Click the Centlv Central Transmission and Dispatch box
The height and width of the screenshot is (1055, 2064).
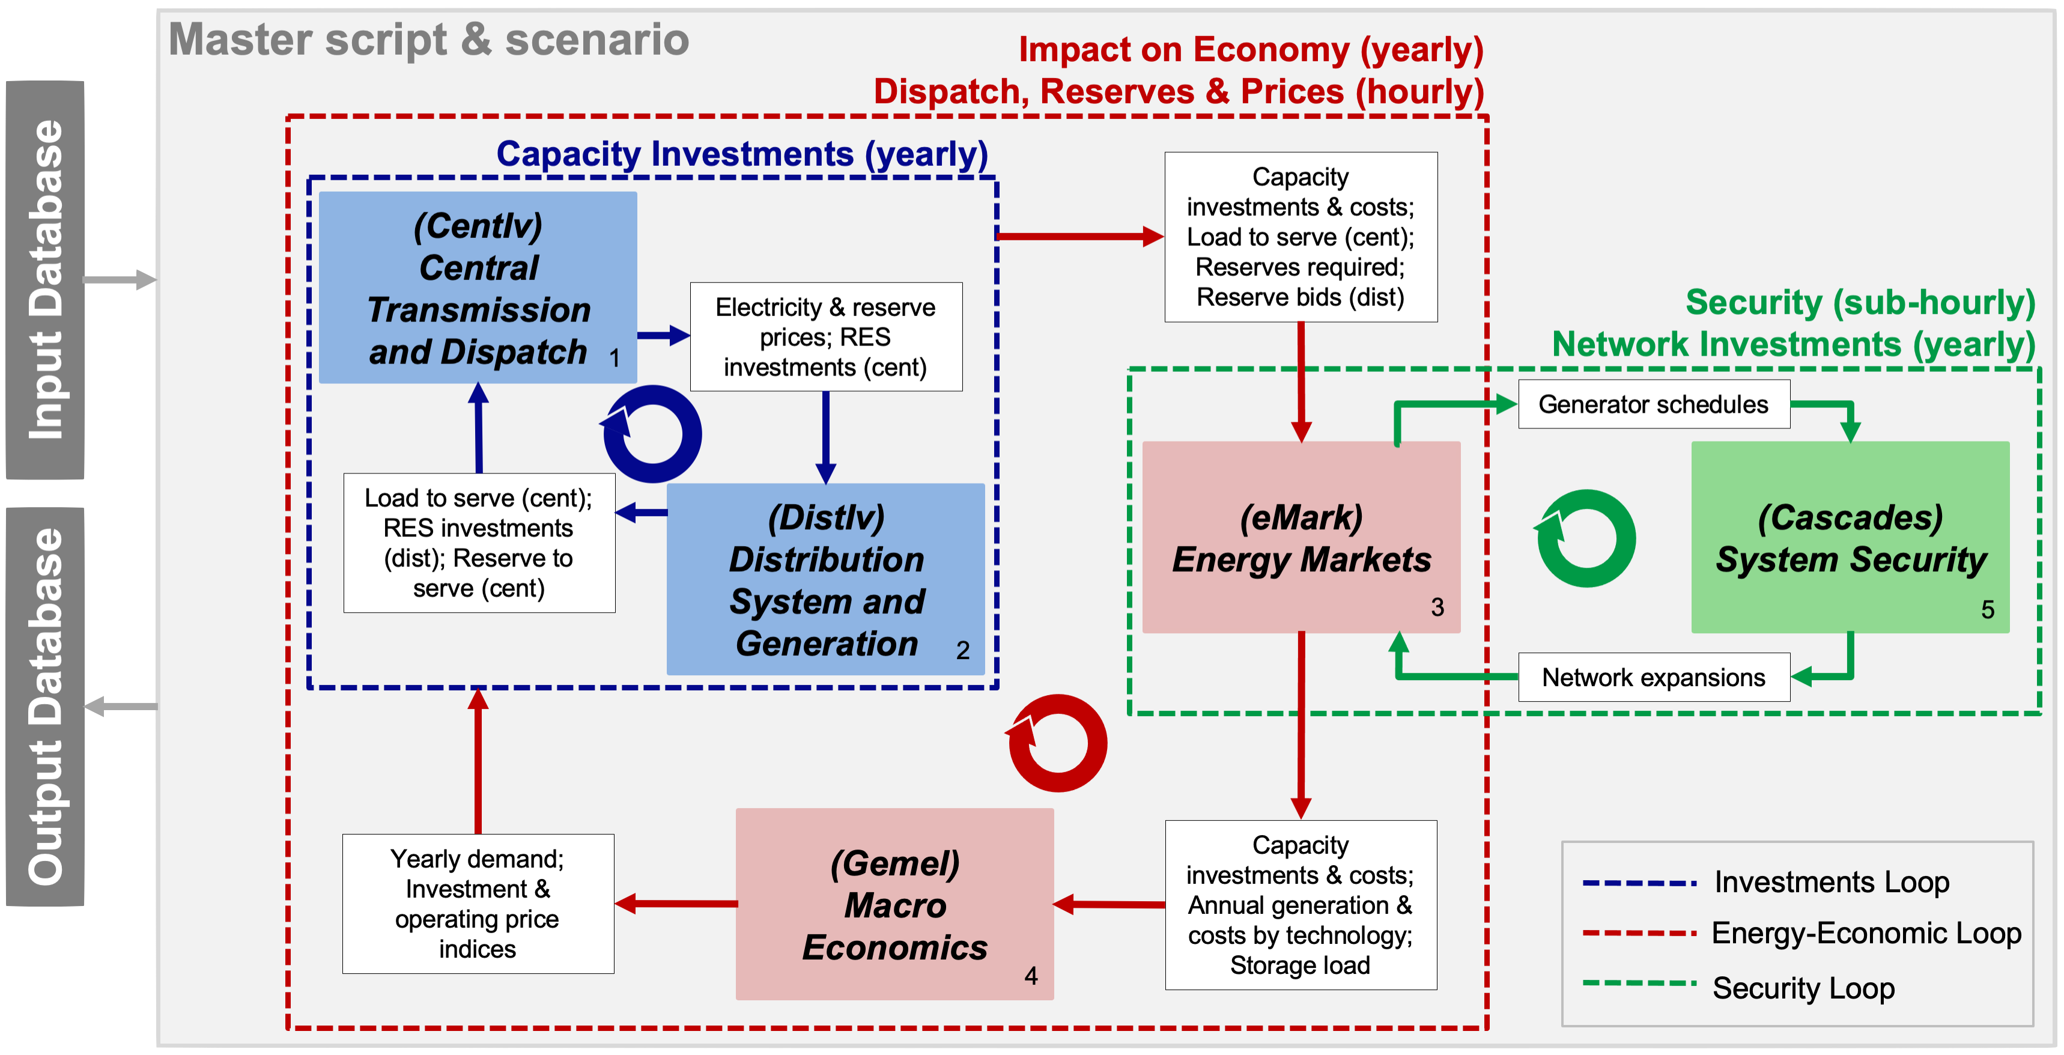coord(478,287)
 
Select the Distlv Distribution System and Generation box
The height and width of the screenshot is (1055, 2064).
coord(826,579)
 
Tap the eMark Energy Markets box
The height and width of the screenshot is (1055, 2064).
coord(1301,537)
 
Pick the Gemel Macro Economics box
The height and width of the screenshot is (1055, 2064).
coord(895,904)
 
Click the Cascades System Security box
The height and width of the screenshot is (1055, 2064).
coord(1850,537)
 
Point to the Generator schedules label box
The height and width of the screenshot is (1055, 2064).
coord(1654,404)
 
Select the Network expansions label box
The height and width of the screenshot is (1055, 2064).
coord(1654,678)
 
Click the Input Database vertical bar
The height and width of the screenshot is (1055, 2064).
coord(45,280)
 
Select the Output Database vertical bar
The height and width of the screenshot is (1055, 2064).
coord(45,707)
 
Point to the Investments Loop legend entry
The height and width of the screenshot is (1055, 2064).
coord(1766,882)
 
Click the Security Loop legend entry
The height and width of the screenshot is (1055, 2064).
coord(1738,988)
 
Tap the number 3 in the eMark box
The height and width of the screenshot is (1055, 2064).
coord(1437,607)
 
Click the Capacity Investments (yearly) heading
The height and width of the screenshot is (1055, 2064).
coord(742,153)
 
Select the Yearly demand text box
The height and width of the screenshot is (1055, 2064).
coord(478,904)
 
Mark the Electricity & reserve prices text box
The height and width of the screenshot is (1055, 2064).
coord(826,336)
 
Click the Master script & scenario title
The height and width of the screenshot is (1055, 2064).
coord(429,40)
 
